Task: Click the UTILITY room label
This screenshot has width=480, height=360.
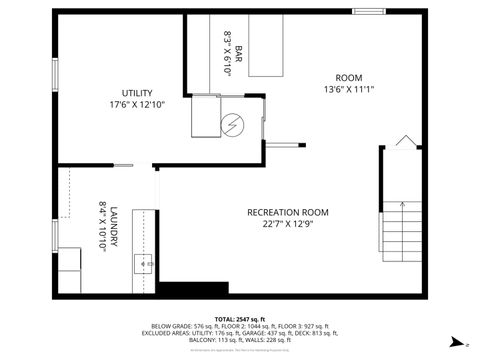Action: coord(137,92)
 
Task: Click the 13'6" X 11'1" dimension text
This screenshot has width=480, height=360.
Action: coord(349,89)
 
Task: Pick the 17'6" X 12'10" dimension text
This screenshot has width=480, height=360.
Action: coord(137,104)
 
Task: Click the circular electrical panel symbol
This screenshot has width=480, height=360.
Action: coord(235,125)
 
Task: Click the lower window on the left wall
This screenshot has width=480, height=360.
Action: coord(55,233)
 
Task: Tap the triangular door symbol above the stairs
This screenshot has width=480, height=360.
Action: coord(406,141)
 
